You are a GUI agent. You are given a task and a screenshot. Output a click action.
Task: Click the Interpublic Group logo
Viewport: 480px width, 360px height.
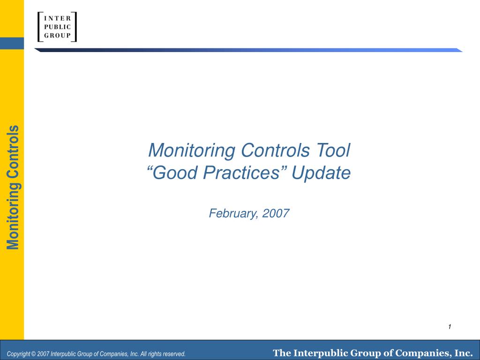(x=57, y=27)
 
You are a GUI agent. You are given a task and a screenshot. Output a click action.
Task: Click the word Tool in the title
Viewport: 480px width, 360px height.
(x=333, y=150)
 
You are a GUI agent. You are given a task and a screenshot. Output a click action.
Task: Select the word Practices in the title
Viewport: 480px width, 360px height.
(x=242, y=172)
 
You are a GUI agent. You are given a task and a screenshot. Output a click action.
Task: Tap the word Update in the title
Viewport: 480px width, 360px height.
(x=321, y=173)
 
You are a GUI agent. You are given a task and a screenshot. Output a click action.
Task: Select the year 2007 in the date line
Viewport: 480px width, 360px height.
(x=276, y=213)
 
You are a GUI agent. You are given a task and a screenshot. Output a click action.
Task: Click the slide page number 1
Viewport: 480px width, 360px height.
(x=450, y=327)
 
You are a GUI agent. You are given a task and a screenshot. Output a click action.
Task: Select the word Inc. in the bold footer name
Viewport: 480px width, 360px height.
(x=464, y=353)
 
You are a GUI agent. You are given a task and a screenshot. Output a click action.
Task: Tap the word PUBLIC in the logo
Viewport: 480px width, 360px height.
(x=57, y=27)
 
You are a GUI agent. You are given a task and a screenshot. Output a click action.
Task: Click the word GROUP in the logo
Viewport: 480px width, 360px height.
(x=57, y=36)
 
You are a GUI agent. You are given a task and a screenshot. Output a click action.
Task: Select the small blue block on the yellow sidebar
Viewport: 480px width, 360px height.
(x=12, y=43)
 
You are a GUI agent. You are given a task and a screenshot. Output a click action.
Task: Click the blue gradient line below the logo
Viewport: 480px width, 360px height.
(x=248, y=50)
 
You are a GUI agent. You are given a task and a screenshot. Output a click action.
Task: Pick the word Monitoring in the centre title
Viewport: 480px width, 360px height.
(x=192, y=150)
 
